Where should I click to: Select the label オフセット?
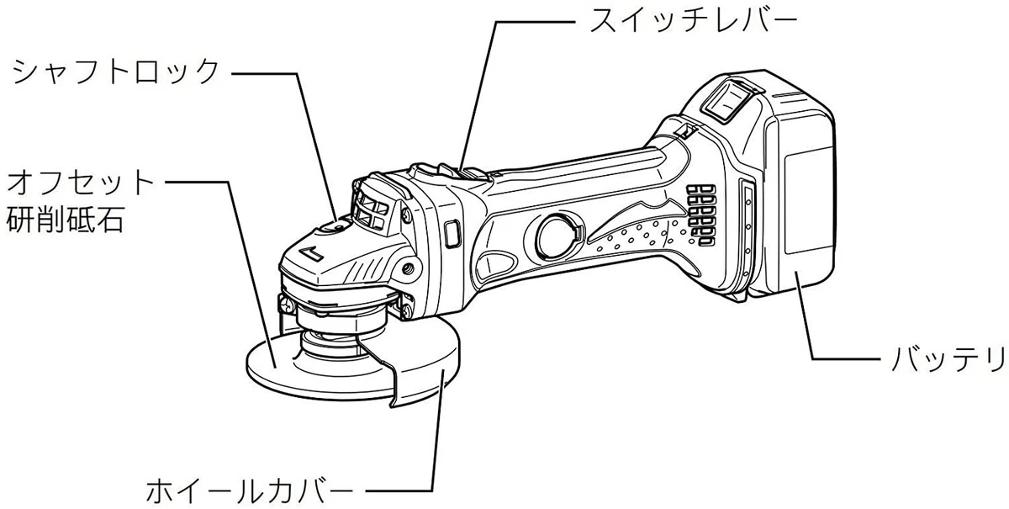(x=82, y=181)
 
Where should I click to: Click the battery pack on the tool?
(x=799, y=194)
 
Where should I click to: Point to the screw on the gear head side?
(x=409, y=268)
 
